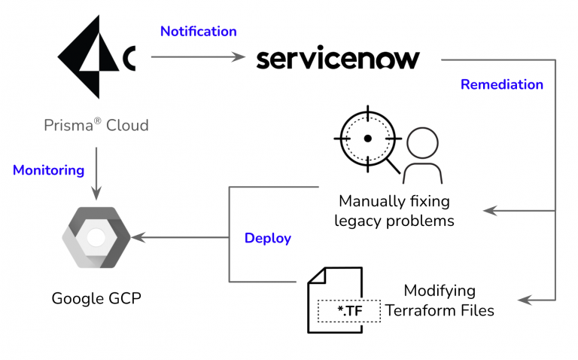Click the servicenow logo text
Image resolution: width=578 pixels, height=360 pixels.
click(338, 58)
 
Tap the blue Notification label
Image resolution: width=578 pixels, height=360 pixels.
click(198, 32)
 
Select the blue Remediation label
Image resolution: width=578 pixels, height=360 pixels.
click(501, 84)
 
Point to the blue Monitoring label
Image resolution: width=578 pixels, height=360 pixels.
click(48, 170)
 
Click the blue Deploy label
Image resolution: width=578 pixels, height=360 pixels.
click(267, 239)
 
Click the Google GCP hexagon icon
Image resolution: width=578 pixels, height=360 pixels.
click(96, 237)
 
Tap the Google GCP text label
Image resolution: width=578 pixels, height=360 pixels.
click(96, 298)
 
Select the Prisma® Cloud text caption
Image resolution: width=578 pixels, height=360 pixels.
click(96, 125)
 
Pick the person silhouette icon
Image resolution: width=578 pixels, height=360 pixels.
click(422, 154)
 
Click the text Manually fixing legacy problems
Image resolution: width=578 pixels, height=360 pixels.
click(394, 211)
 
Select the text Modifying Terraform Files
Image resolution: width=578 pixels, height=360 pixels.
click(440, 300)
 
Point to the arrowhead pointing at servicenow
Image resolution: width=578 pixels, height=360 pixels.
click(240, 57)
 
